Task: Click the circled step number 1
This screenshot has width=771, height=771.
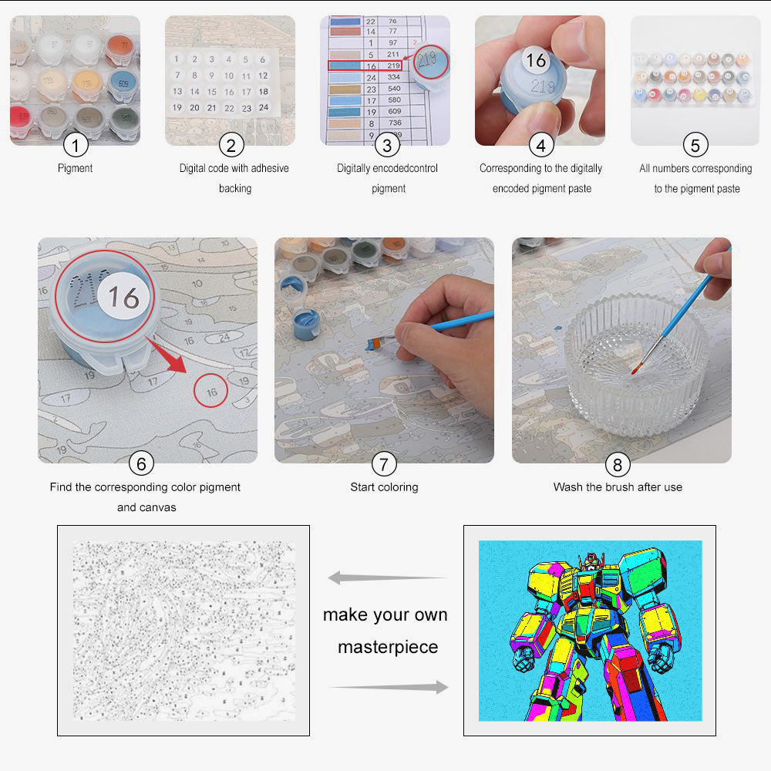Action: (x=76, y=145)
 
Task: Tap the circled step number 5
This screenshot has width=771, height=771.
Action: (x=695, y=145)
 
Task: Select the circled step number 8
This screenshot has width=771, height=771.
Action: (x=617, y=464)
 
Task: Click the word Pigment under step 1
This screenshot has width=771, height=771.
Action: (x=76, y=168)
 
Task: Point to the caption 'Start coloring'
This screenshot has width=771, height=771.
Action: (x=384, y=487)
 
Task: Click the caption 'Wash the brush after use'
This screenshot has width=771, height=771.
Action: (x=618, y=487)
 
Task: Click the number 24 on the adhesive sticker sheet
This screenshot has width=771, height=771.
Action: (x=263, y=107)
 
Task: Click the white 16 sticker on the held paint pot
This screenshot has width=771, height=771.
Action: (x=535, y=60)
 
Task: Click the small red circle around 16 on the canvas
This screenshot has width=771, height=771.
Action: (x=211, y=391)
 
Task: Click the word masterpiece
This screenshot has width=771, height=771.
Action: (x=388, y=647)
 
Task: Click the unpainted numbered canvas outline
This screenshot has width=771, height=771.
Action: (x=183, y=630)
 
